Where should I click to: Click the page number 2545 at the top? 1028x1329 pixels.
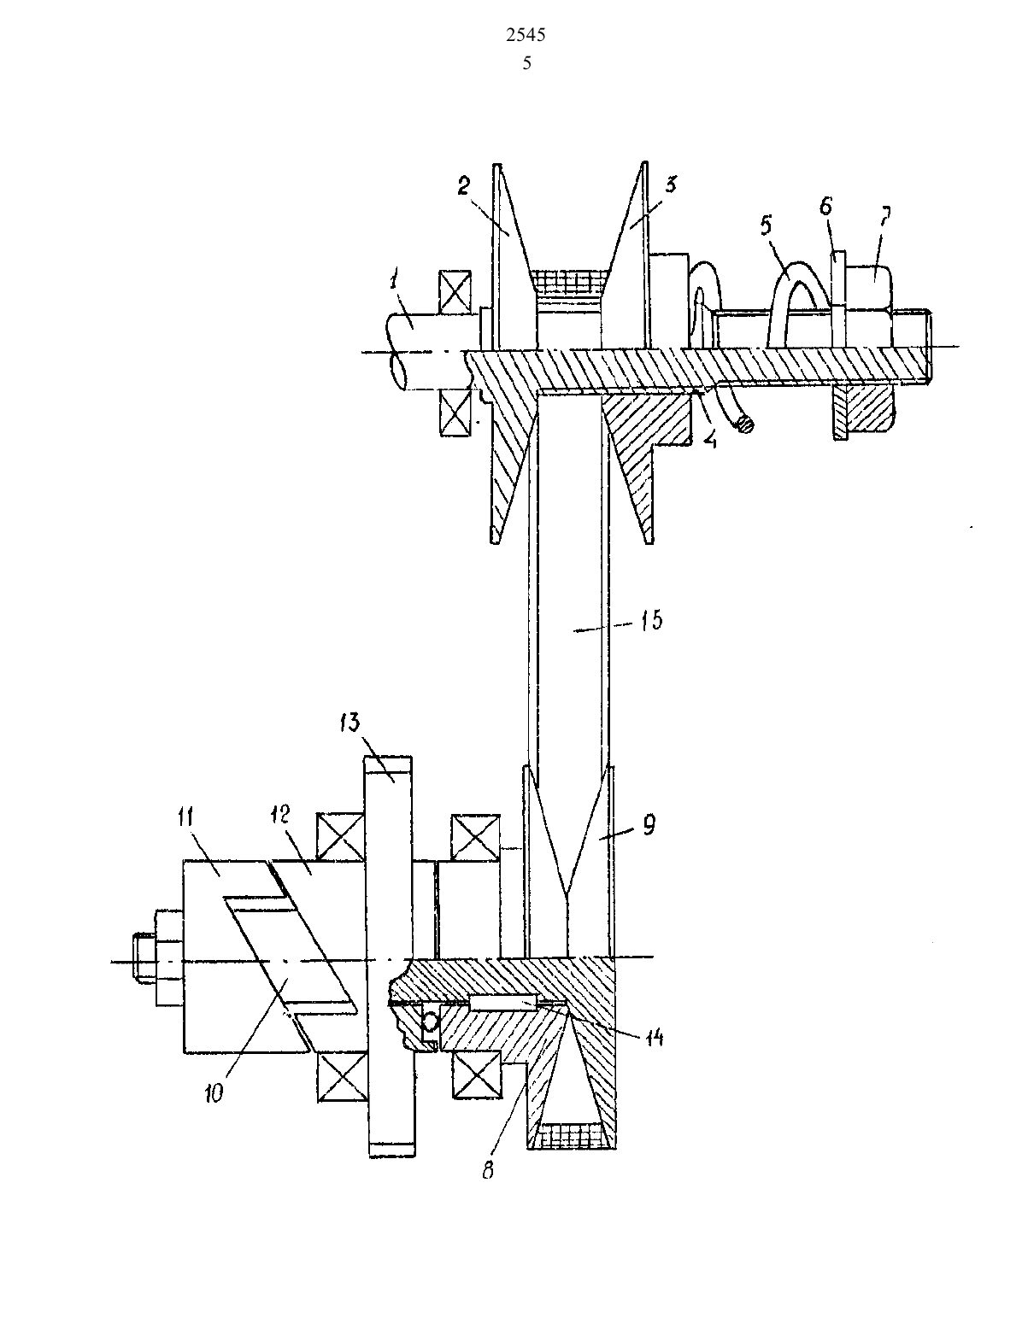(x=526, y=36)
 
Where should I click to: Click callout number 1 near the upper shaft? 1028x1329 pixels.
(x=396, y=282)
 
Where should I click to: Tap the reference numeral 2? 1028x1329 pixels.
(x=464, y=185)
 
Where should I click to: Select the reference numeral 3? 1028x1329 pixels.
(x=671, y=184)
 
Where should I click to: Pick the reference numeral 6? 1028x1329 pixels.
(x=825, y=207)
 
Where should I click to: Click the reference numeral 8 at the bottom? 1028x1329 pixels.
(x=488, y=1171)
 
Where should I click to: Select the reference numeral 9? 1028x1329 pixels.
(x=649, y=825)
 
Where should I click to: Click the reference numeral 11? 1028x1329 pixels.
(x=186, y=817)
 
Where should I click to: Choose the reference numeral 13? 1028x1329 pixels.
(x=350, y=723)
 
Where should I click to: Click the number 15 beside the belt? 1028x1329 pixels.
(x=652, y=621)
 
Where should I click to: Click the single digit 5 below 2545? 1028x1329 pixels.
(x=526, y=63)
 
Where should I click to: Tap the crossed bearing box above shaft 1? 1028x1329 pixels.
(x=455, y=290)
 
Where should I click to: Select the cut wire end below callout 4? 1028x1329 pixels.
(x=745, y=424)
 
